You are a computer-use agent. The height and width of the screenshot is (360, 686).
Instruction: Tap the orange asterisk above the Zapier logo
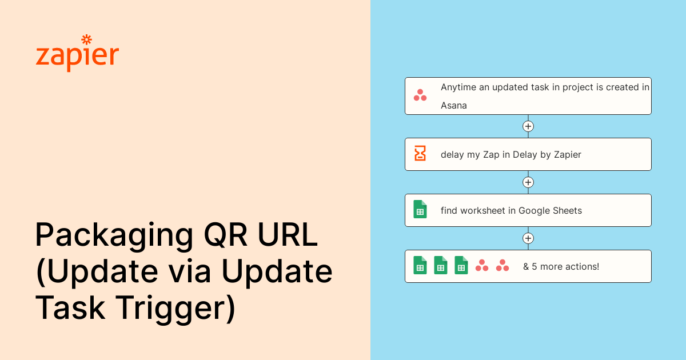pyautogui.click(x=87, y=39)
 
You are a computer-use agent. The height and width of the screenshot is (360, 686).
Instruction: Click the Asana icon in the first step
pyautogui.click(x=420, y=95)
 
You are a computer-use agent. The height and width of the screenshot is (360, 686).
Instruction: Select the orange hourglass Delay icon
pyautogui.click(x=420, y=154)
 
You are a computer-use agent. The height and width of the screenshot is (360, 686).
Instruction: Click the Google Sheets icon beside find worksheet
pyautogui.click(x=420, y=209)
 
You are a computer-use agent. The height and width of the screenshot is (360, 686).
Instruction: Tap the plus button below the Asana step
pyautogui.click(x=528, y=126)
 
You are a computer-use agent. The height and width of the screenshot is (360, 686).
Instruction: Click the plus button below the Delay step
pyautogui.click(x=528, y=182)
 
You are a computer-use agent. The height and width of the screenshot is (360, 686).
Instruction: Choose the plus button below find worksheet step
pyautogui.click(x=528, y=238)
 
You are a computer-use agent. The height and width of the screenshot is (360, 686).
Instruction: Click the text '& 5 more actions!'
pyautogui.click(x=561, y=266)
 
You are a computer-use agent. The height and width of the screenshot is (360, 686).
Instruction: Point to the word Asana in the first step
pyautogui.click(x=454, y=106)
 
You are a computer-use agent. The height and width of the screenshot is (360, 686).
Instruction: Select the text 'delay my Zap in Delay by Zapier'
pyautogui.click(x=510, y=154)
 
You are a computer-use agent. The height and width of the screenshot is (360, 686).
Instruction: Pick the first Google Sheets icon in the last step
pyautogui.click(x=420, y=265)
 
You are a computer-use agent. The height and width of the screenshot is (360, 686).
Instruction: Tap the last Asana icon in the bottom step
pyautogui.click(x=502, y=265)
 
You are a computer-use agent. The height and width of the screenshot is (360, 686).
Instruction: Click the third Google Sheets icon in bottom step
pyautogui.click(x=461, y=265)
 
